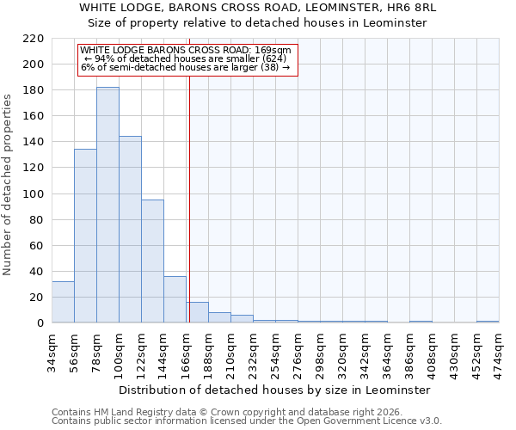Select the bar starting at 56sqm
tap(85, 236)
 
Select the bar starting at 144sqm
tap(175, 299)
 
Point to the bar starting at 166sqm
tap(197, 312)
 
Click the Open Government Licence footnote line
tap(247, 421)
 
